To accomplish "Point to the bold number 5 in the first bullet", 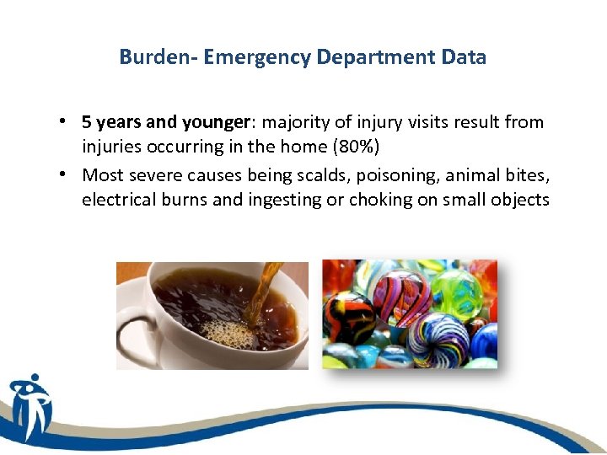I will [x=87, y=122].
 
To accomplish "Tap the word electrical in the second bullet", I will [x=115, y=201].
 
